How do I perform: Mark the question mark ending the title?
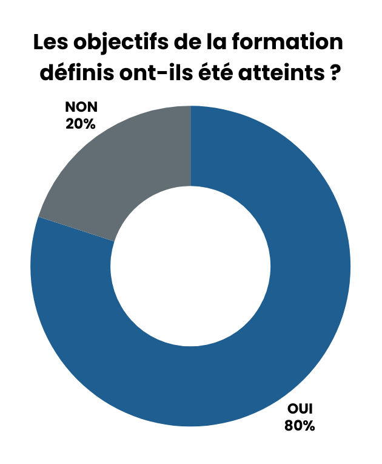[x=334, y=73]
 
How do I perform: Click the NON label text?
[x=81, y=107]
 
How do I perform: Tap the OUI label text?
[x=299, y=409]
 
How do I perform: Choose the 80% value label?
[x=300, y=425]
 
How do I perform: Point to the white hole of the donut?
[x=190, y=266]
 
